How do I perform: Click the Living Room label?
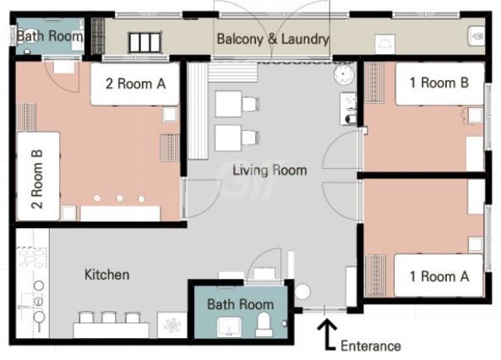[270, 170]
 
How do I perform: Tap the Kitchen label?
[107, 275]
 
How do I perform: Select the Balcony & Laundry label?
[273, 39]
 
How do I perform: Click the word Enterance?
[371, 346]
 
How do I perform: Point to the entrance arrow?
[327, 334]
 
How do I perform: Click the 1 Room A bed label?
[439, 276]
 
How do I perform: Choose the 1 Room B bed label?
[439, 83]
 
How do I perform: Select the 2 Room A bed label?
[135, 84]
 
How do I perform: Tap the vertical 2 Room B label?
[37, 179]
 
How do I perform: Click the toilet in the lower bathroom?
[264, 324]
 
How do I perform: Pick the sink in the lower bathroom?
[229, 327]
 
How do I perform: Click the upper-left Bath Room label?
[50, 35]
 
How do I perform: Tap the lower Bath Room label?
[240, 304]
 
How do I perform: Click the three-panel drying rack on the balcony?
[144, 42]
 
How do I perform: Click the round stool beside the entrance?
[302, 292]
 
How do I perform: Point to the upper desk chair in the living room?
[250, 104]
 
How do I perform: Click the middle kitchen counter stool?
[109, 318]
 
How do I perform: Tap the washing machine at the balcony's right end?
[476, 36]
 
